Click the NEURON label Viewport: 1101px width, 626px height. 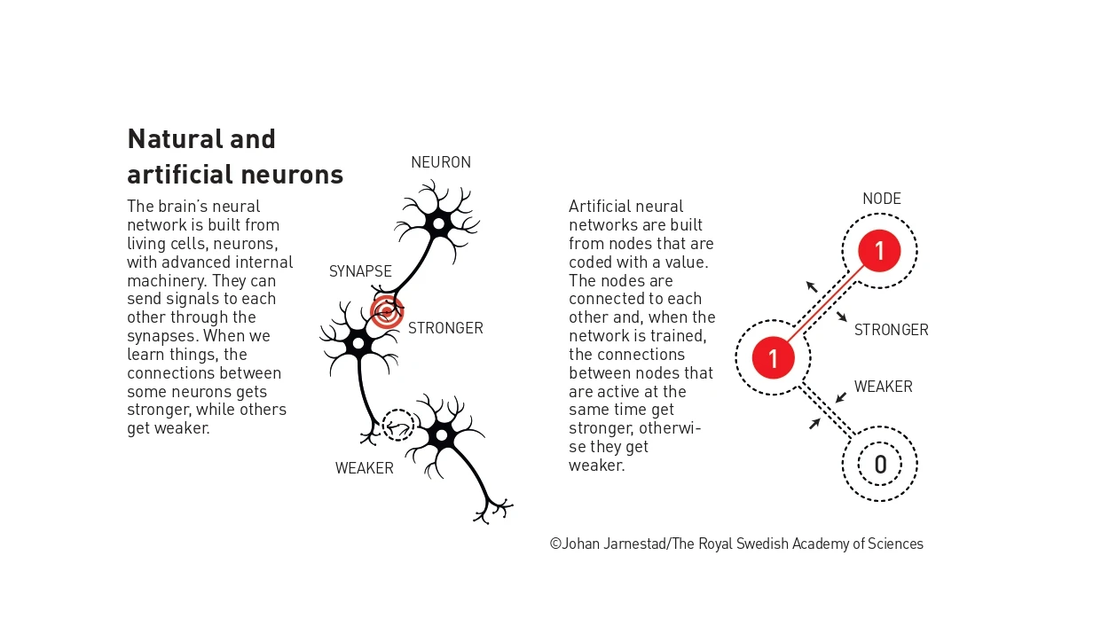point(441,162)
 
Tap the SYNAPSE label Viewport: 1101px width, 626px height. point(360,271)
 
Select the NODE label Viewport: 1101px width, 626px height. point(882,199)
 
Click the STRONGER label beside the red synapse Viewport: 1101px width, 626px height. point(445,328)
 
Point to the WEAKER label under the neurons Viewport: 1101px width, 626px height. point(365,468)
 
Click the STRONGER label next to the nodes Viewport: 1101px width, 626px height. point(891,330)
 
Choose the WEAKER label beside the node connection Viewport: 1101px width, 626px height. point(884,387)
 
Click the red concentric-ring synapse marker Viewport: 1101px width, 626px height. point(387,311)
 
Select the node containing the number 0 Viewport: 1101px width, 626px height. point(880,465)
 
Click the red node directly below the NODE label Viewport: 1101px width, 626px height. point(879,251)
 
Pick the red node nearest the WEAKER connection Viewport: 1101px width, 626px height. point(773,357)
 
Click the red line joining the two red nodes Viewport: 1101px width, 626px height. point(825,304)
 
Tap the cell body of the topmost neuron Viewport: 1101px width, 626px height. point(439,223)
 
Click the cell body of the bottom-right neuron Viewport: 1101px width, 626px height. point(442,435)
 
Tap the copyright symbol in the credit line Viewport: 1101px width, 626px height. point(555,544)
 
